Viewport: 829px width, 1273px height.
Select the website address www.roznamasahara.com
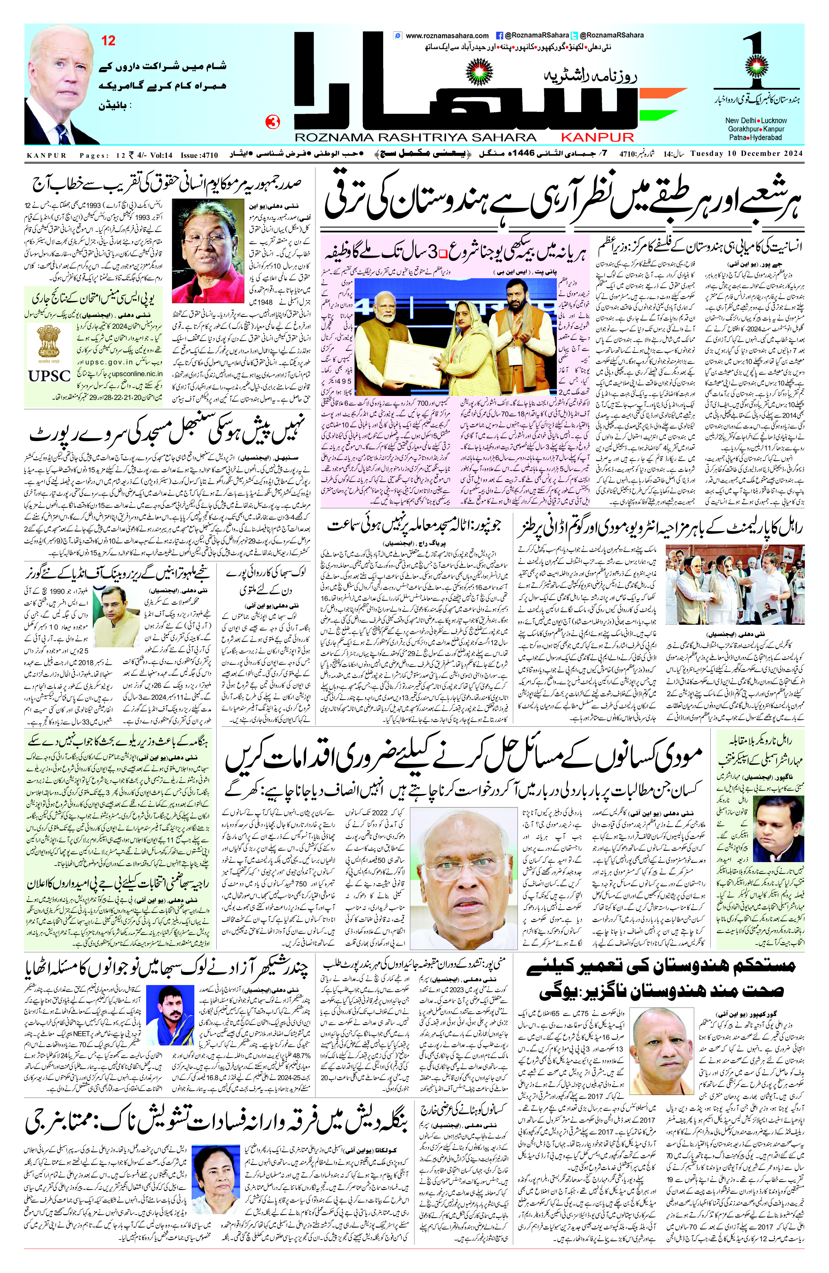click(x=447, y=36)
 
